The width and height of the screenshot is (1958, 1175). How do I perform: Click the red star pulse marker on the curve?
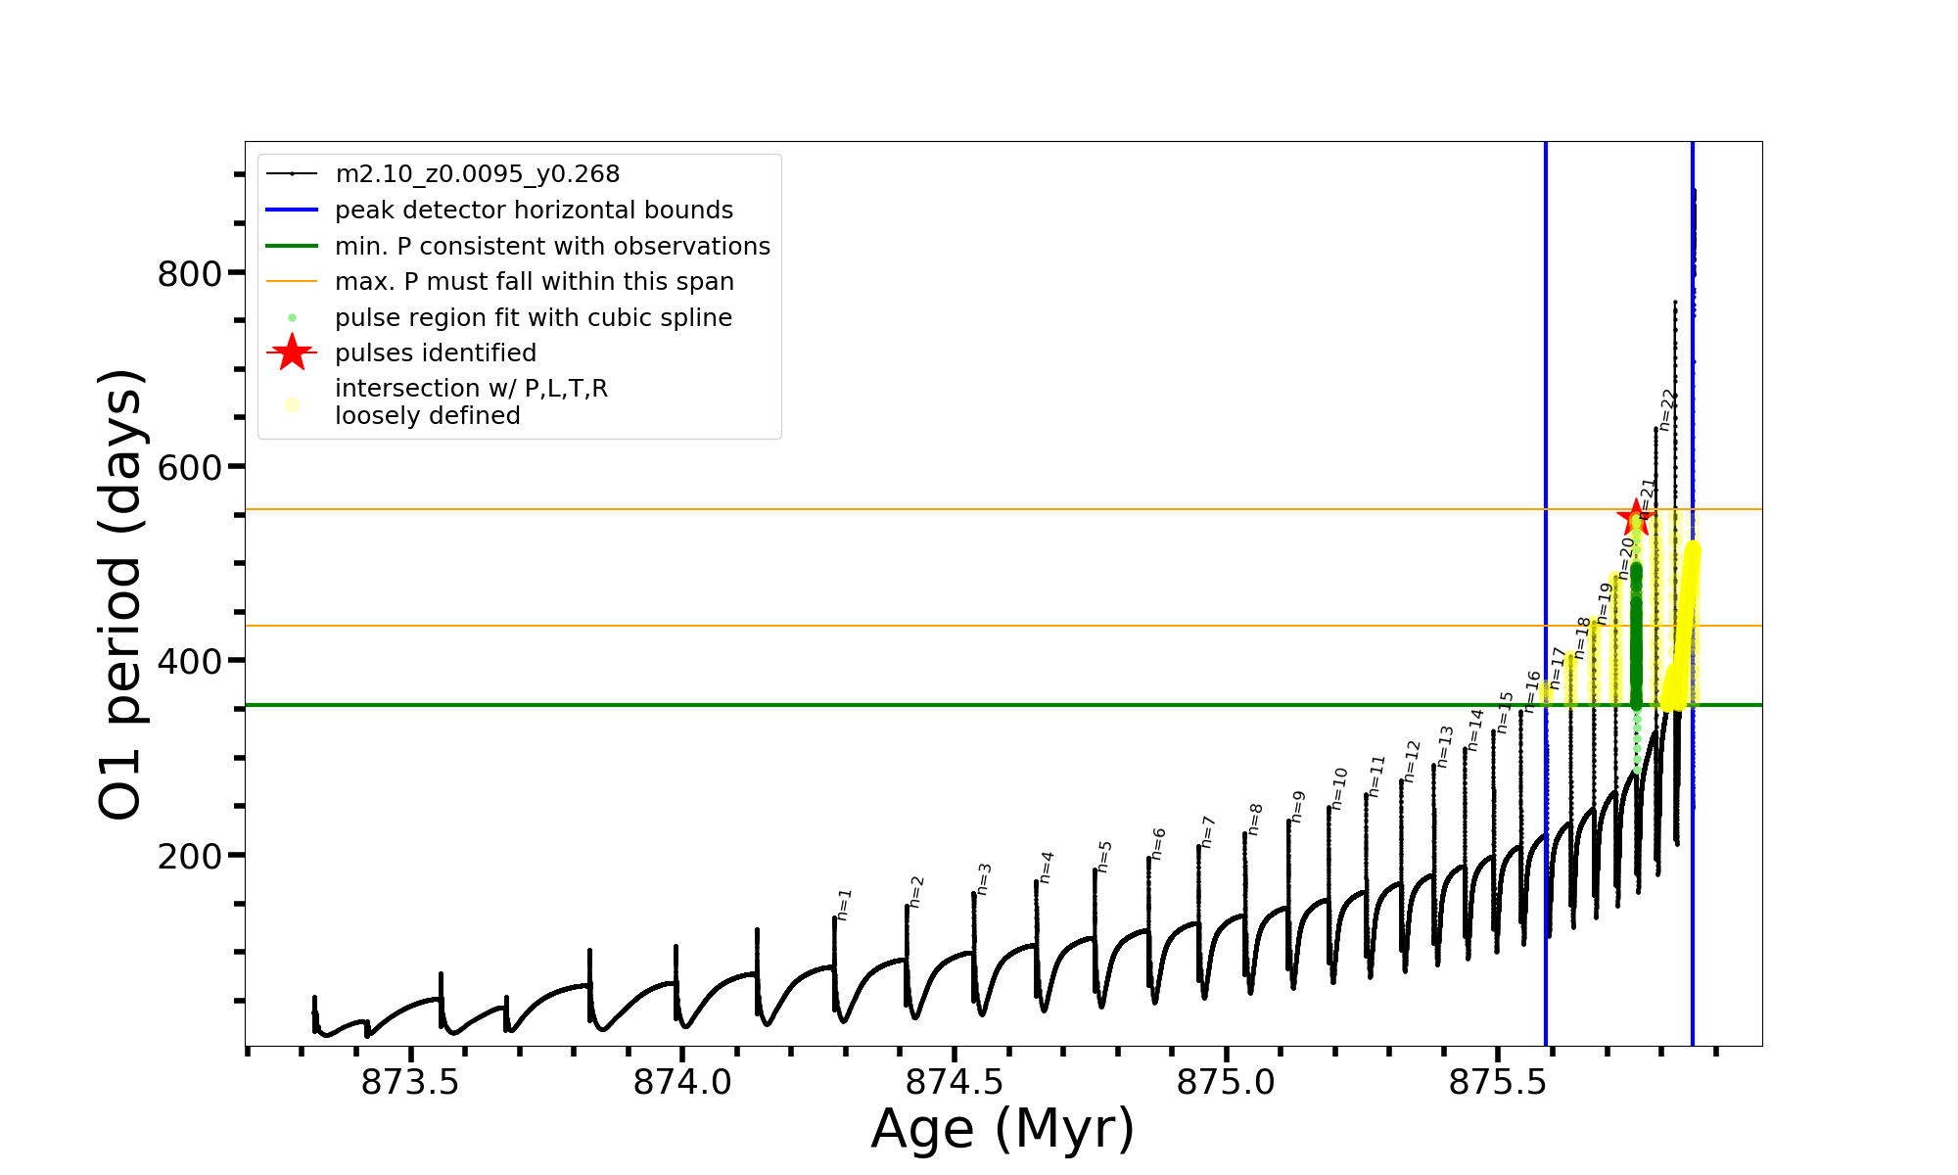click(1635, 518)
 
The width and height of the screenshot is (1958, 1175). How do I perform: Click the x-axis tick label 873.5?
click(410, 1083)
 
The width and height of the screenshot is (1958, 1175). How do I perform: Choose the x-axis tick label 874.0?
click(682, 1083)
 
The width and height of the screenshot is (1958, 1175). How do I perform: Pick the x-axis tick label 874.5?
click(955, 1083)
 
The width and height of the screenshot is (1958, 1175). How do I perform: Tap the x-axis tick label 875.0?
click(1226, 1083)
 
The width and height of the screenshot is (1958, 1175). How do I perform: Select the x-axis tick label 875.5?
click(1498, 1083)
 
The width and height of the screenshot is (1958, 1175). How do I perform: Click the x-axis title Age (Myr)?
click(1002, 1129)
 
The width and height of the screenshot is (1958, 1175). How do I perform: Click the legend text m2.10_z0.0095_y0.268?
click(477, 174)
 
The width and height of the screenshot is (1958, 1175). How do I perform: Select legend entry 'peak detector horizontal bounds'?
click(534, 211)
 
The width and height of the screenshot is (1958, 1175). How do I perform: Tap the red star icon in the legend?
click(292, 352)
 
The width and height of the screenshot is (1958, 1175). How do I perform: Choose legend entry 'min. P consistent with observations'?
click(552, 247)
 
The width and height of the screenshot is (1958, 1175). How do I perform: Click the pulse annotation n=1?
click(845, 904)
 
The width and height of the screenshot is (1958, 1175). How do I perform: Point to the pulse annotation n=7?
click(1207, 831)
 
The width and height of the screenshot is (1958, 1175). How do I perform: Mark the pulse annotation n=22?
click(1668, 410)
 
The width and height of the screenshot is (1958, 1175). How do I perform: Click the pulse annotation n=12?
click(1412, 761)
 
